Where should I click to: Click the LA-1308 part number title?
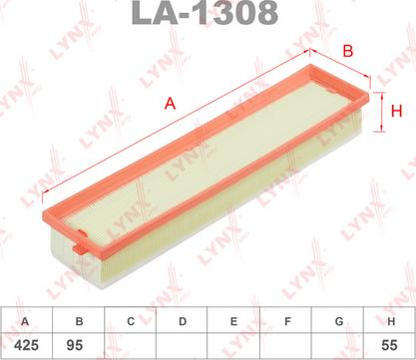[208, 14]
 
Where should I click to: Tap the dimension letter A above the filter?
[171, 102]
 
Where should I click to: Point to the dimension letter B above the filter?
[347, 50]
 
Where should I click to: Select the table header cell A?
[26, 320]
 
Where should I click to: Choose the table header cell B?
[78, 320]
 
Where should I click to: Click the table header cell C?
[130, 320]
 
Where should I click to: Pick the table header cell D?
[182, 320]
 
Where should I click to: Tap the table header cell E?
[233, 320]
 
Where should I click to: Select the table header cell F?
[285, 320]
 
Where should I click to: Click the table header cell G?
[337, 320]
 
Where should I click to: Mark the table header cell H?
[389, 320]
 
